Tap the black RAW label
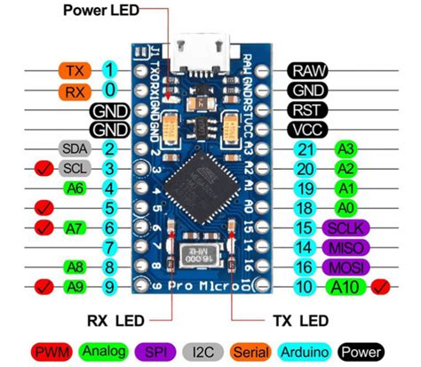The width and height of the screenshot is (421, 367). click(x=308, y=69)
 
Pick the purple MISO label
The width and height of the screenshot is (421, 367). click(x=344, y=246)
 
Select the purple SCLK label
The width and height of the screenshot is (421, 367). click(x=344, y=227)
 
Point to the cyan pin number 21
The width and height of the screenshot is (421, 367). click(x=305, y=148)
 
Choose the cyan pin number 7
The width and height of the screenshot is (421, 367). click(x=109, y=246)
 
